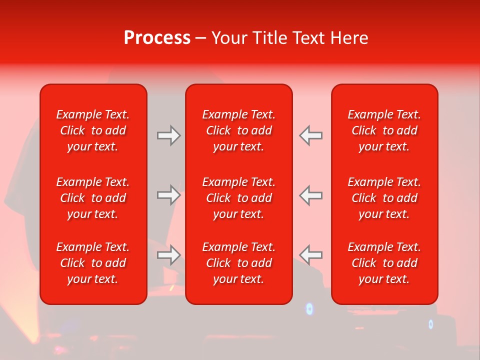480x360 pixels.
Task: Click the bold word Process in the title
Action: pyautogui.click(x=157, y=38)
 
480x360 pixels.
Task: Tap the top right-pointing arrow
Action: pyautogui.click(x=169, y=135)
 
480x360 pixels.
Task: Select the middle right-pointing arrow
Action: pyautogui.click(x=169, y=195)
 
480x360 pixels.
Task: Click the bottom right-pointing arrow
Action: pyautogui.click(x=169, y=255)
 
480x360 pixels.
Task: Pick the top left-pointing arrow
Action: pyautogui.click(x=311, y=135)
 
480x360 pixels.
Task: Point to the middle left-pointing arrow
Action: pyautogui.click(x=311, y=195)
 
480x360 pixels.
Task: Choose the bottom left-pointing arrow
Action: pyautogui.click(x=311, y=255)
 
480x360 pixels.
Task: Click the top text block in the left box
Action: pyautogui.click(x=93, y=130)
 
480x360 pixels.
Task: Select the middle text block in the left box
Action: pyautogui.click(x=93, y=198)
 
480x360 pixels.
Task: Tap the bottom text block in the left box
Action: pyautogui.click(x=93, y=263)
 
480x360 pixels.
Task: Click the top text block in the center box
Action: pyautogui.click(x=239, y=130)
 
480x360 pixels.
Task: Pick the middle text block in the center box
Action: pyautogui.click(x=239, y=198)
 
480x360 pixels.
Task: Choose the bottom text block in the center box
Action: pyautogui.click(x=239, y=263)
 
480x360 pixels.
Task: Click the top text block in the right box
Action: pyautogui.click(x=384, y=130)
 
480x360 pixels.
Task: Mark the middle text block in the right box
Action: pyautogui.click(x=384, y=198)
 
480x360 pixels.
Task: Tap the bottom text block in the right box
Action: pyautogui.click(x=384, y=263)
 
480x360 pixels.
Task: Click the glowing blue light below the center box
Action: pyautogui.click(x=309, y=309)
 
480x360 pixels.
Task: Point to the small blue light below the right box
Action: pyautogui.click(x=431, y=324)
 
